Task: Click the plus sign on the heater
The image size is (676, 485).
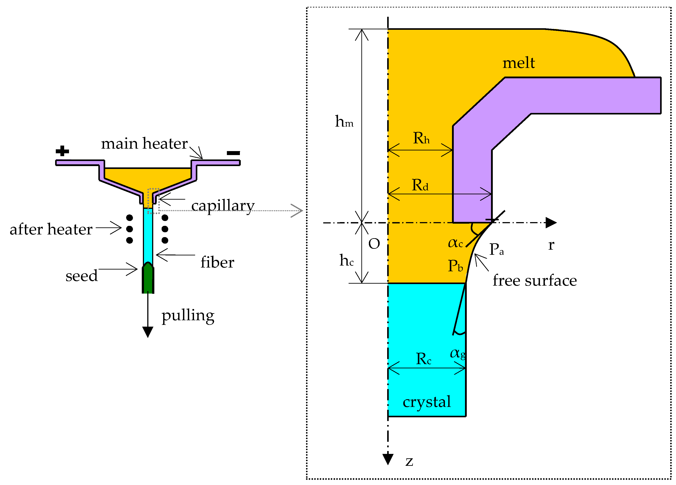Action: click(62, 151)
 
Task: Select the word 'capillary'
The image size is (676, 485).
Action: click(223, 206)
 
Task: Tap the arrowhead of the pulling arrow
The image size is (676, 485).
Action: click(148, 332)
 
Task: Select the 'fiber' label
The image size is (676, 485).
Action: click(217, 262)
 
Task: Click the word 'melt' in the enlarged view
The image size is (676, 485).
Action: click(519, 63)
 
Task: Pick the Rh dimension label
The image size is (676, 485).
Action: click(421, 138)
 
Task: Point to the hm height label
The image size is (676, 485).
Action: click(344, 122)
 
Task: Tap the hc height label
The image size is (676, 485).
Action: click(346, 260)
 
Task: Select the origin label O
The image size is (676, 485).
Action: click(374, 244)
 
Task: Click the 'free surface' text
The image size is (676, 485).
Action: click(535, 281)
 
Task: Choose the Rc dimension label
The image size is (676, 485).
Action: click(423, 359)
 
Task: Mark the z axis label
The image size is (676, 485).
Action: click(409, 462)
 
